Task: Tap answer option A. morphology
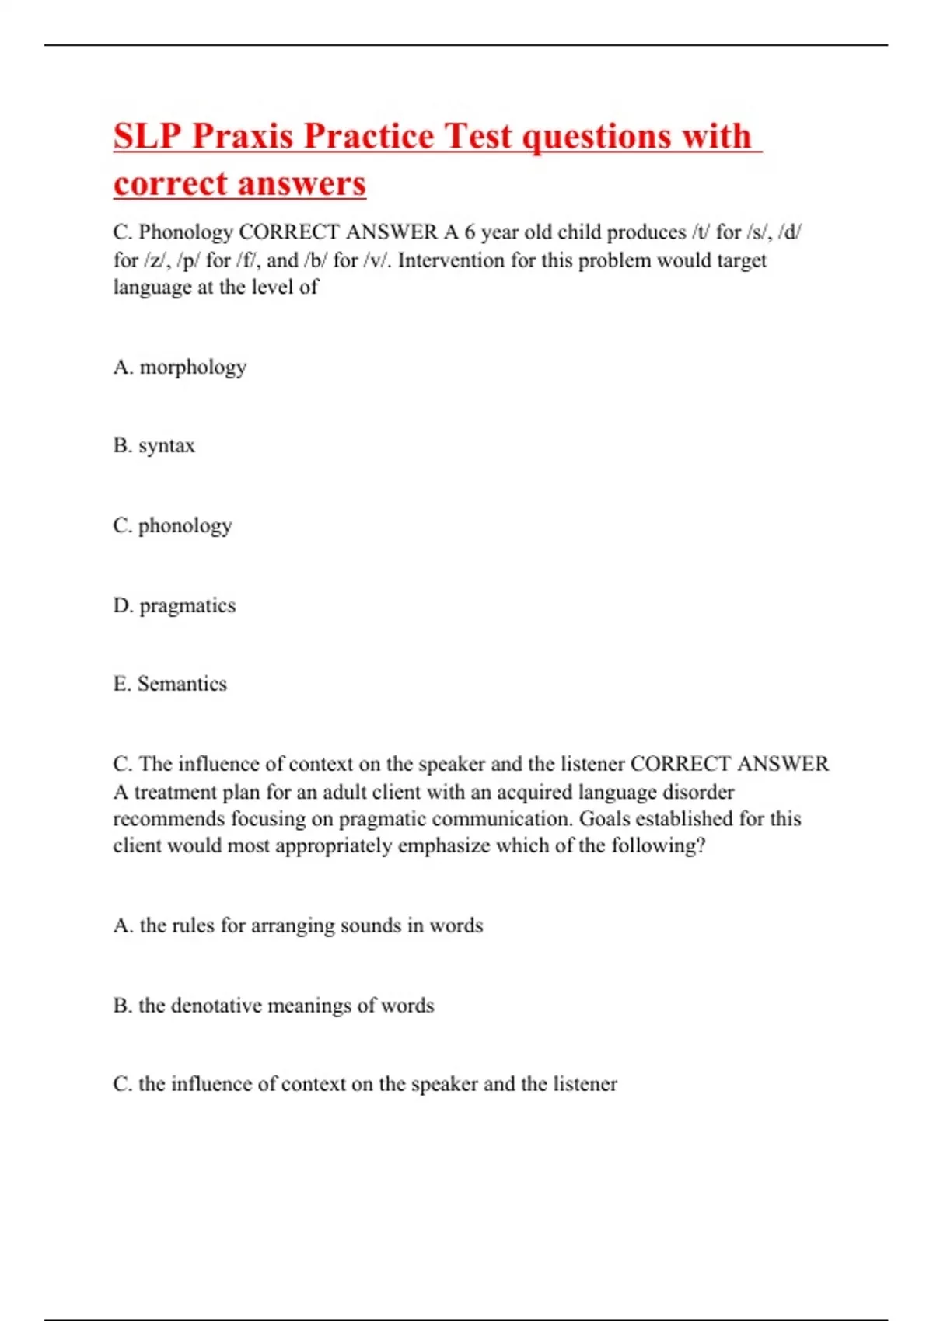180,367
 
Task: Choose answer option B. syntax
154,446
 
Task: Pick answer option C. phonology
173,526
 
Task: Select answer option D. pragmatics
174,605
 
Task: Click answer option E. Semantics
170,684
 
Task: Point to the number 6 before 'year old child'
470,232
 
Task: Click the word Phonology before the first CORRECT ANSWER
186,232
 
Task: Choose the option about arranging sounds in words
298,925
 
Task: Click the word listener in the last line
585,1084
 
